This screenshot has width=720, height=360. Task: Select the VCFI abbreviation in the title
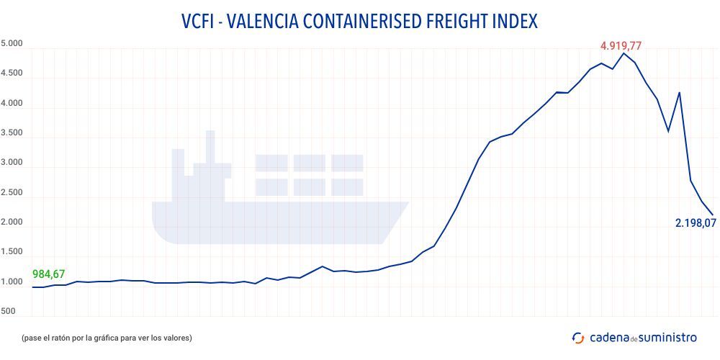pyautogui.click(x=200, y=22)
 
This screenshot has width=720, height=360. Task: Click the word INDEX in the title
pyautogui.click(x=514, y=22)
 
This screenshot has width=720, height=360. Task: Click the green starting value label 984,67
pyautogui.click(x=49, y=274)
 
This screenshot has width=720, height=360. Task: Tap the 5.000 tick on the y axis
pyautogui.click(x=12, y=44)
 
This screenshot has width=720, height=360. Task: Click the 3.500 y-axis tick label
pyautogui.click(x=12, y=133)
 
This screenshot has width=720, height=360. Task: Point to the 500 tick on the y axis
pyautogui.click(x=8, y=312)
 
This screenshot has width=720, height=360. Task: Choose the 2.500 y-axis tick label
pyautogui.click(x=12, y=193)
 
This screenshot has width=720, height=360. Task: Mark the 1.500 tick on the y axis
pyautogui.click(x=12, y=252)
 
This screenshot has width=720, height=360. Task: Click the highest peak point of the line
pyautogui.click(x=624, y=53)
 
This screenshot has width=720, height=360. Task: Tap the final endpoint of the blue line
pyautogui.click(x=713, y=214)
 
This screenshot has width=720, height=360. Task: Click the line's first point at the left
pyautogui.click(x=33, y=287)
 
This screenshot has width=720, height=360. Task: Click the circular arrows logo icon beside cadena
pyautogui.click(x=577, y=338)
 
